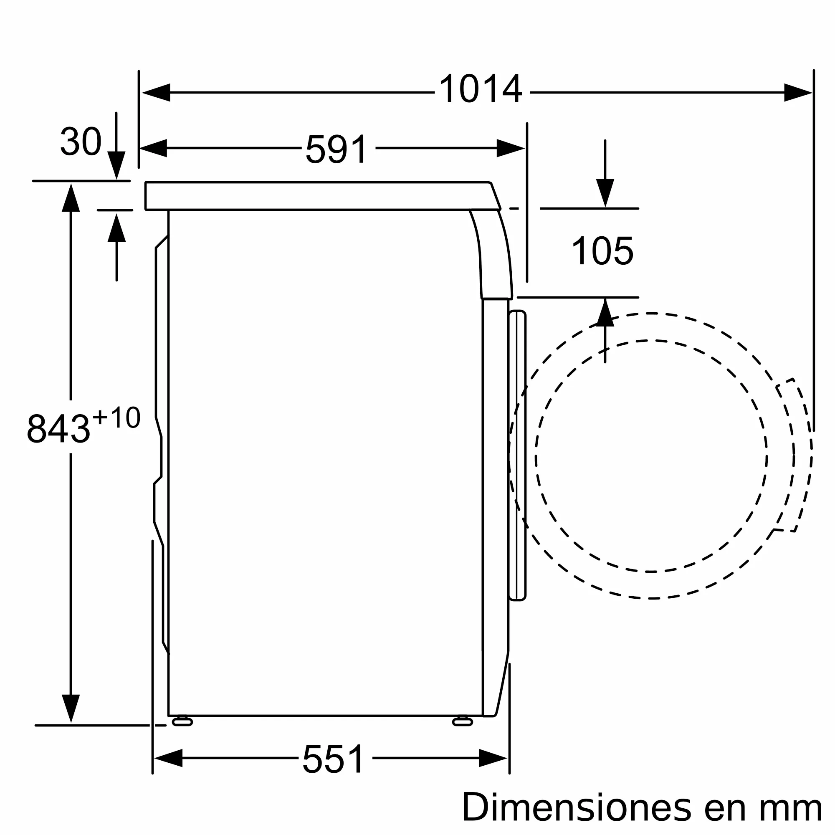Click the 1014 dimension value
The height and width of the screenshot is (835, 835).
point(481,89)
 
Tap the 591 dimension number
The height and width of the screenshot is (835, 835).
point(337,149)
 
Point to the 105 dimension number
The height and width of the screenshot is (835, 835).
point(602,250)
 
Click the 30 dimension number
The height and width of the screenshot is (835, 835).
point(81,141)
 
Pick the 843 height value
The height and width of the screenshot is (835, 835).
point(58,429)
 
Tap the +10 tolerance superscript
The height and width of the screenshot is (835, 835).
point(117,417)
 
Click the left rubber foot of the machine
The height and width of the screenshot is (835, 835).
point(182,722)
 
